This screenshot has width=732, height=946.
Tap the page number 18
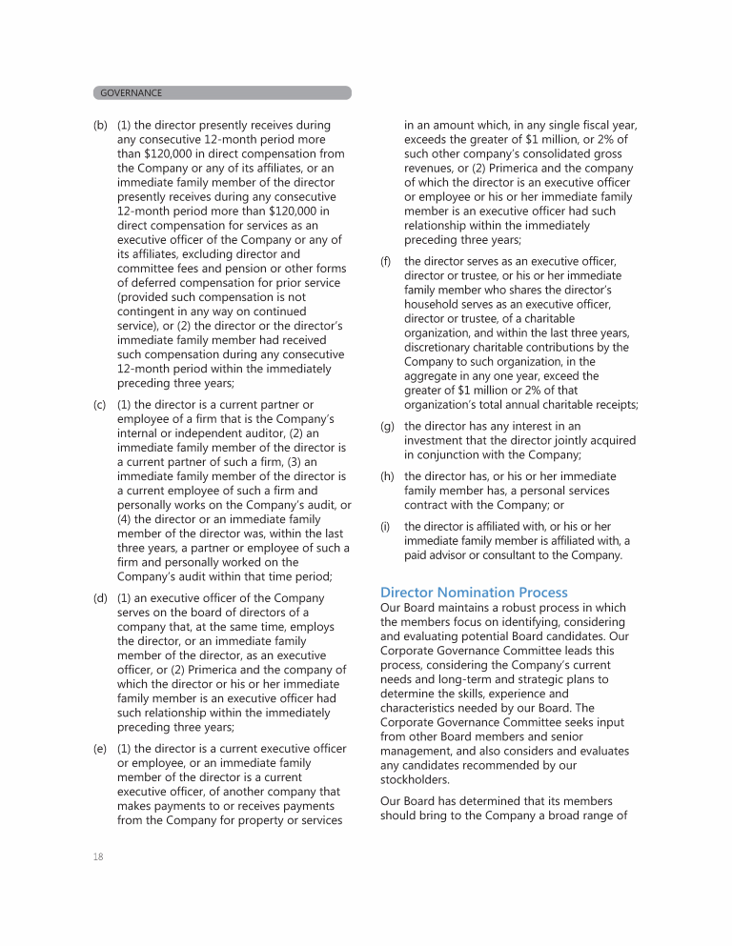click(x=98, y=856)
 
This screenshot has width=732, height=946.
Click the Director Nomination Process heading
click(x=474, y=593)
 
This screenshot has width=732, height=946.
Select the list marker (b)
click(x=100, y=126)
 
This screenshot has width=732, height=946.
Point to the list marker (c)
click(x=100, y=405)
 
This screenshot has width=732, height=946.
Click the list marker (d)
click(x=100, y=598)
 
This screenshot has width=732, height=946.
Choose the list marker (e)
click(x=100, y=750)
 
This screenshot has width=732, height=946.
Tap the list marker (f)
click(x=387, y=261)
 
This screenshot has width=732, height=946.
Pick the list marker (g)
click(x=387, y=427)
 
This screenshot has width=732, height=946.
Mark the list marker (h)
click(x=387, y=476)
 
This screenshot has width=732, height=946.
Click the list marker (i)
click(x=385, y=526)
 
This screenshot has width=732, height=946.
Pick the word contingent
click(x=148, y=312)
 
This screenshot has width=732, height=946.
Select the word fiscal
click(x=589, y=126)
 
